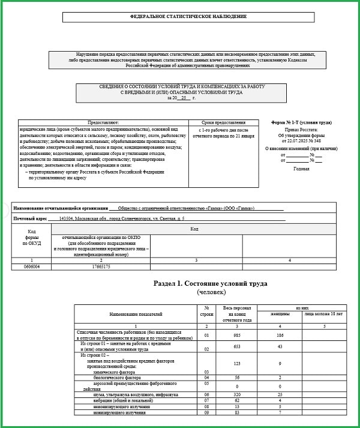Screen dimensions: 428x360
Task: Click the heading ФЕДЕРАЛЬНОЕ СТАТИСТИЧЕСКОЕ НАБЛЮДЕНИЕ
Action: (x=181, y=17)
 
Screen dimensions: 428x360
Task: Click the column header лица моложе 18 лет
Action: (x=323, y=313)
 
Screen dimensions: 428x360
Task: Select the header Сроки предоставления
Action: (x=223, y=122)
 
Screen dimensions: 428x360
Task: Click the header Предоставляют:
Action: (x=103, y=122)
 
